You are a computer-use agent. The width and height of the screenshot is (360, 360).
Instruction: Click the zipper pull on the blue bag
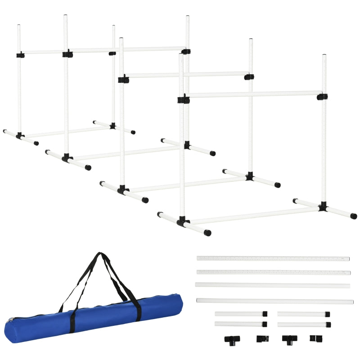click(x=10, y=320)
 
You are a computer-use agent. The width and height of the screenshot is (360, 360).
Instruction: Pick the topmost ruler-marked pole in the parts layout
click(x=273, y=259)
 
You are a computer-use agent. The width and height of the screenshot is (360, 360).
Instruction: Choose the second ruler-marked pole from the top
click(x=273, y=272)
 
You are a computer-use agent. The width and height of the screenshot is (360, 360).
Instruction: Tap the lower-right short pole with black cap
click(x=304, y=324)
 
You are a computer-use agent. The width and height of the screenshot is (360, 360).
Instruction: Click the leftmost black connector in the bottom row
click(x=232, y=339)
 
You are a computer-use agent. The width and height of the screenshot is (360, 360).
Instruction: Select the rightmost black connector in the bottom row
click(x=314, y=338)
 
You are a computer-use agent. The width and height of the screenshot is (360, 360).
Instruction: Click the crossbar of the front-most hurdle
click(x=252, y=95)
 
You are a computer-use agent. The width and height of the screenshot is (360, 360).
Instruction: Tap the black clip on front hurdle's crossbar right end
click(x=322, y=97)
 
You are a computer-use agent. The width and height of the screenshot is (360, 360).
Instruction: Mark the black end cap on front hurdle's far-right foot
click(x=354, y=216)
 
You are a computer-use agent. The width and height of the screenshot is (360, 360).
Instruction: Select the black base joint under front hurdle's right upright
click(x=323, y=207)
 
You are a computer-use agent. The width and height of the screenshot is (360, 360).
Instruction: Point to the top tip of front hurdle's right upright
click(x=324, y=56)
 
